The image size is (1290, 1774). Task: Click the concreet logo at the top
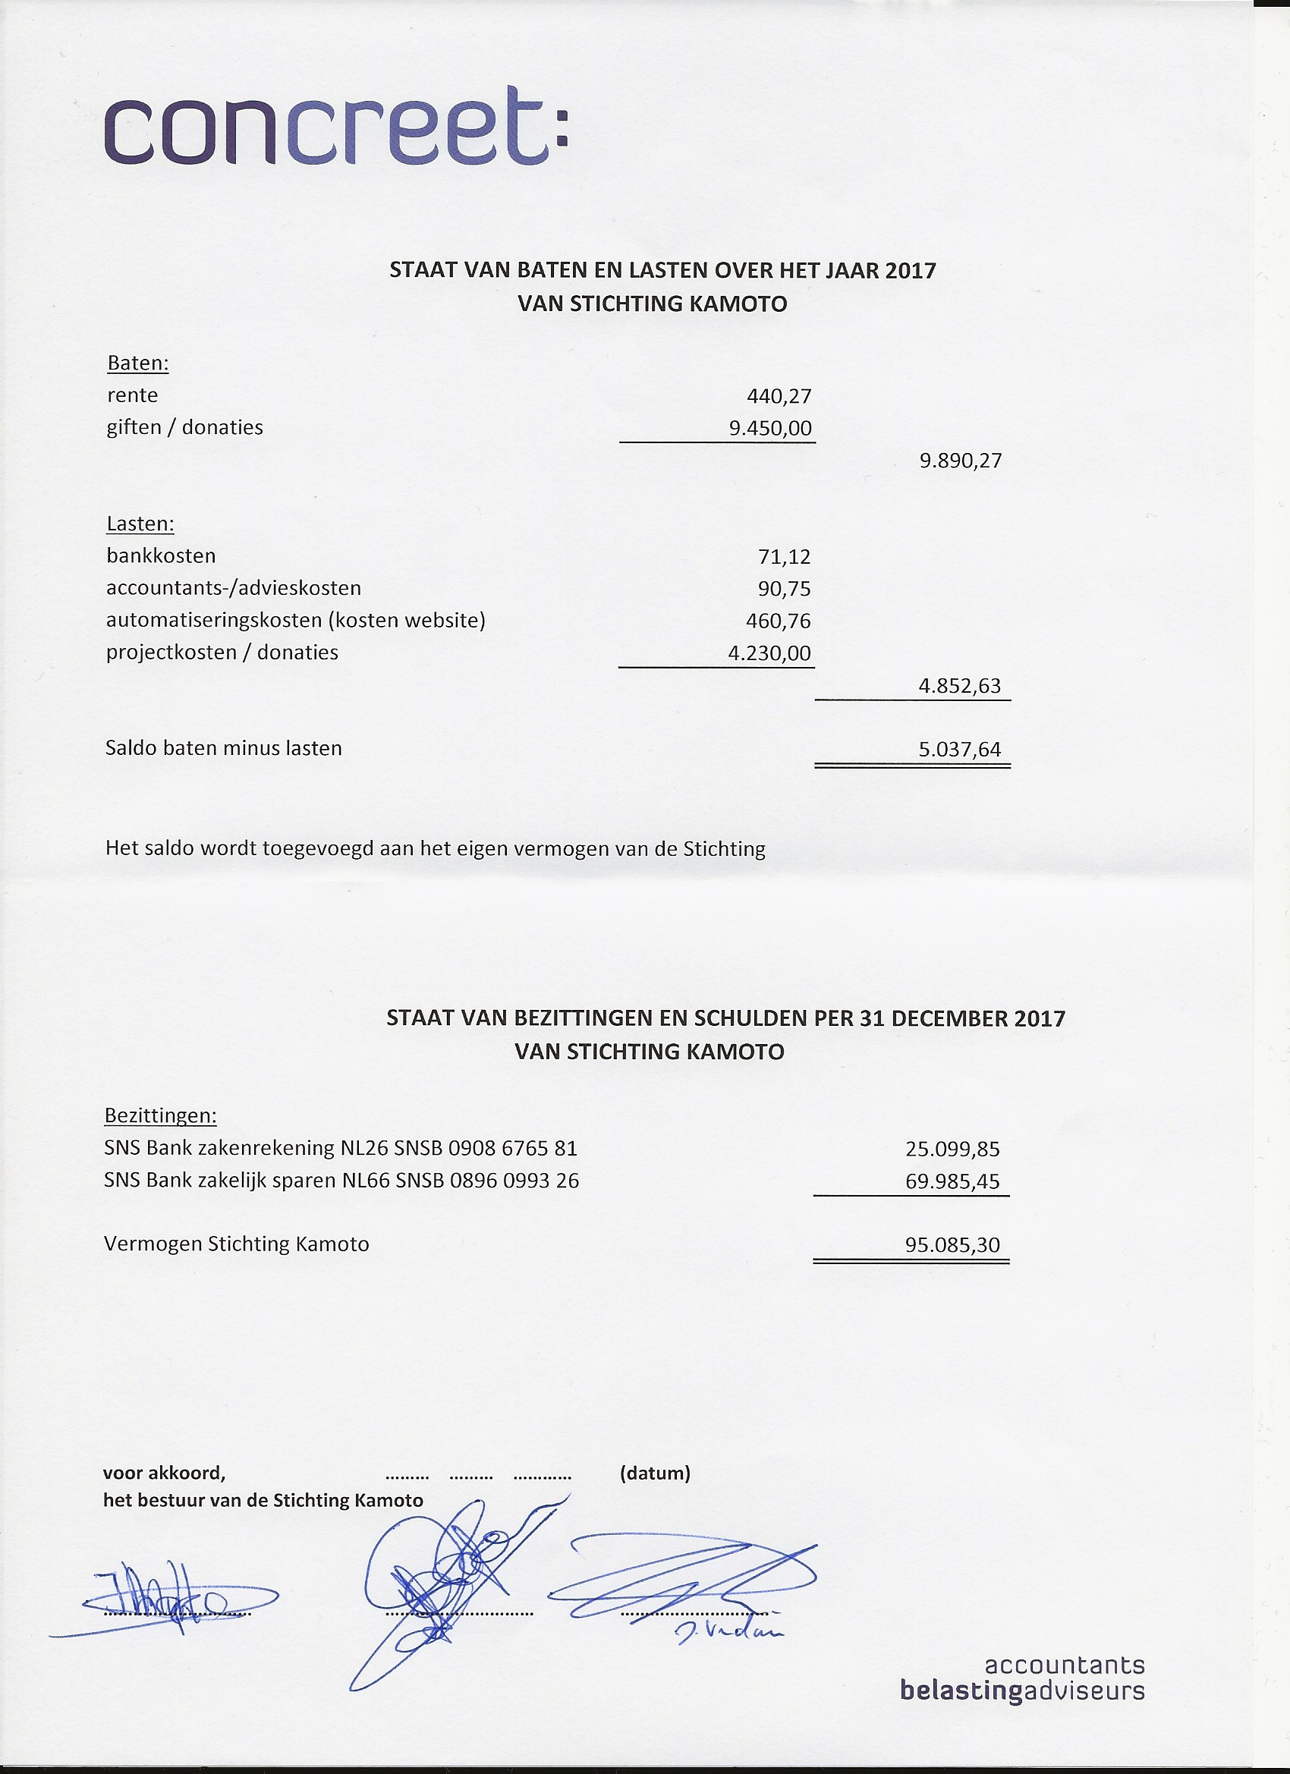[336, 127]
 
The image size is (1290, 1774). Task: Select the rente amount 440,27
[779, 397]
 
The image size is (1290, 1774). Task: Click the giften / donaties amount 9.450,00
[769, 429]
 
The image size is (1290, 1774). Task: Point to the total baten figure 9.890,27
[960, 461]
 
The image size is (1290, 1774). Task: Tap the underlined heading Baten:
[137, 363]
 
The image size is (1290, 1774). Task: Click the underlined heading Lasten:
[140, 524]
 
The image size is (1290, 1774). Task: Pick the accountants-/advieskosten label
[234, 588]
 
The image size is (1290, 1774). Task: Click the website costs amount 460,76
[779, 621]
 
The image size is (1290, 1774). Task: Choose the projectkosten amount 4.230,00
[769, 653]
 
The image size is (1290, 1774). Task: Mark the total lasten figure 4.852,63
[959, 686]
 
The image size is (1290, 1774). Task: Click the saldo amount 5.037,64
[959, 750]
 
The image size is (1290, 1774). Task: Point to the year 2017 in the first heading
[911, 271]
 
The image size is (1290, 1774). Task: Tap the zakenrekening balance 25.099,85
[952, 1149]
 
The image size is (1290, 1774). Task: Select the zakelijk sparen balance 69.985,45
[952, 1181]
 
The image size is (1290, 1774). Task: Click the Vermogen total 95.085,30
[952, 1244]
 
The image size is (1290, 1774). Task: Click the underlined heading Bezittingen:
[160, 1115]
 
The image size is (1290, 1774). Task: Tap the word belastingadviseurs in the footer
[1021, 1691]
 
